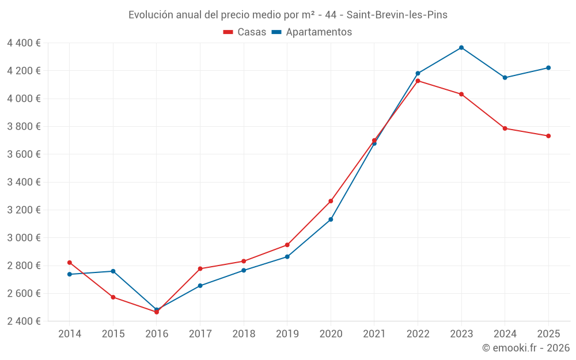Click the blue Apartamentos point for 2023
461,48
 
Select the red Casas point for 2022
418,81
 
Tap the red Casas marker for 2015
113,297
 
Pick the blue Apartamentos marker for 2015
113,271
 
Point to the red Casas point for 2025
548,136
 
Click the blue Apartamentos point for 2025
548,68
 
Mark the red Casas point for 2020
331,201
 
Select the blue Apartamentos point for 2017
200,286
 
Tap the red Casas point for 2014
70,263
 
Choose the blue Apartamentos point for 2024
505,78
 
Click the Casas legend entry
245,32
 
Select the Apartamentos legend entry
312,32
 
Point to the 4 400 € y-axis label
24,43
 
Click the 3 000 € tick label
24,238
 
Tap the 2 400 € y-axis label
24,321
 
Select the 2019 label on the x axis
287,334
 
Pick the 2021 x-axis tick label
374,334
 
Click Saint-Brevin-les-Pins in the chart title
397,15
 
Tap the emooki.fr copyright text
525,348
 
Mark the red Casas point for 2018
244,262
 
